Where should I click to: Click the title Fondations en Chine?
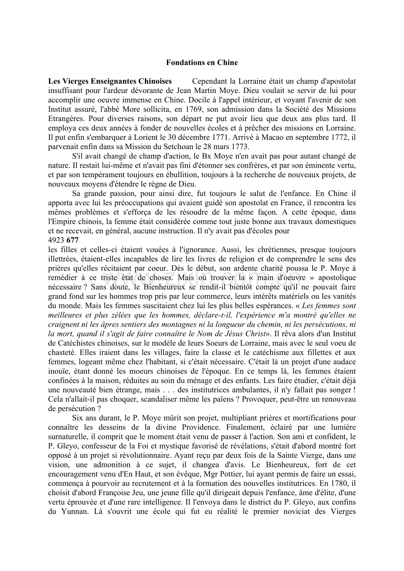point(202,63)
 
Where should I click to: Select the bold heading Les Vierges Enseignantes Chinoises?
point(110,82)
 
